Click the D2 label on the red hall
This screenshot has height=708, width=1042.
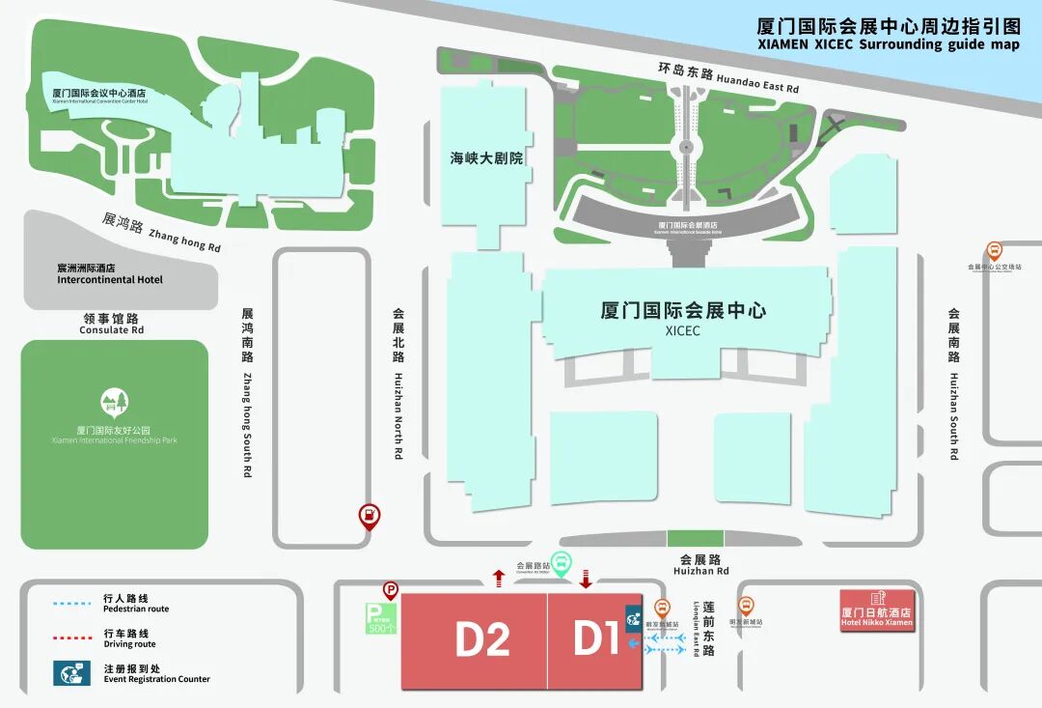click(x=482, y=639)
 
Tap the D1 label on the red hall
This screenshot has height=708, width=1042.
click(x=595, y=639)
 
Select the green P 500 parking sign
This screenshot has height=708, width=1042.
click(x=381, y=618)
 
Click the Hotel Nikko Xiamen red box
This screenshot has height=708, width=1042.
click(x=877, y=610)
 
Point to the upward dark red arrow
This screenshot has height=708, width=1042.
click(x=498, y=578)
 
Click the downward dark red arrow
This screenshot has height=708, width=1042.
click(x=585, y=579)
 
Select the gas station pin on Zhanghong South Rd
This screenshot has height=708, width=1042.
click(x=369, y=516)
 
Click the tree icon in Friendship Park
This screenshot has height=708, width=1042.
click(x=114, y=402)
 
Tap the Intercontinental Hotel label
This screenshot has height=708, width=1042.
click(x=110, y=280)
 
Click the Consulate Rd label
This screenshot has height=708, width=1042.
click(x=111, y=330)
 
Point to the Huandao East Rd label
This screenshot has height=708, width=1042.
click(x=728, y=78)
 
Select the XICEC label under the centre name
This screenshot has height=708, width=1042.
click(x=682, y=331)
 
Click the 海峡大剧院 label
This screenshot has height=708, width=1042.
click(x=486, y=158)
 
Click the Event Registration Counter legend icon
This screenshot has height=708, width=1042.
click(x=71, y=673)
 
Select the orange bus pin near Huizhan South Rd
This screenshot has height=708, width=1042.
click(x=994, y=251)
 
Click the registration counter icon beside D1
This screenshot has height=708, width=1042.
click(x=634, y=618)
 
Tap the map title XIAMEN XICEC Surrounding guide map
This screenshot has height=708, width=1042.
click(x=888, y=44)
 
